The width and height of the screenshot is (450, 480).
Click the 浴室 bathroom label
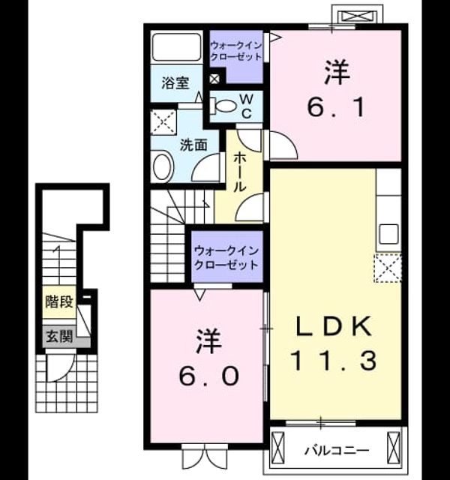click(175, 83)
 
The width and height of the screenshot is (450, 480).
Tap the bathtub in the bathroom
click(176, 47)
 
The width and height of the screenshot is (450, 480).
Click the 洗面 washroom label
click(193, 145)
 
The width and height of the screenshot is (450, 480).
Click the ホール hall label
click(240, 172)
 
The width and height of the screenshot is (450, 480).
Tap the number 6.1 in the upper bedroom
click(336, 107)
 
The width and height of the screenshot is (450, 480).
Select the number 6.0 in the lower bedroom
click(208, 376)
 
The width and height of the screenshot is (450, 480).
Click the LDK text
click(334, 326)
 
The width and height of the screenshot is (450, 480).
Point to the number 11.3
click(334, 361)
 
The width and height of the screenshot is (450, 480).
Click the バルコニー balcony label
click(337, 450)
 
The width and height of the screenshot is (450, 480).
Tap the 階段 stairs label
click(59, 301)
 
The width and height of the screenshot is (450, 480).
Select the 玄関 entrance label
click(59, 337)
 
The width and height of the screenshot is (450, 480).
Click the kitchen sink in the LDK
click(389, 234)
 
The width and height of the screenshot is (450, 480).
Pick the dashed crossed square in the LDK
click(388, 268)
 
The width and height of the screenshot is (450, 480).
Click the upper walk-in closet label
click(236, 51)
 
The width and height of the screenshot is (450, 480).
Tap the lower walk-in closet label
click(226, 258)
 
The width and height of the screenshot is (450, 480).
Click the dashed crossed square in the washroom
click(163, 122)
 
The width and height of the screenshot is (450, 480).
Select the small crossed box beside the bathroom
click(214, 79)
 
